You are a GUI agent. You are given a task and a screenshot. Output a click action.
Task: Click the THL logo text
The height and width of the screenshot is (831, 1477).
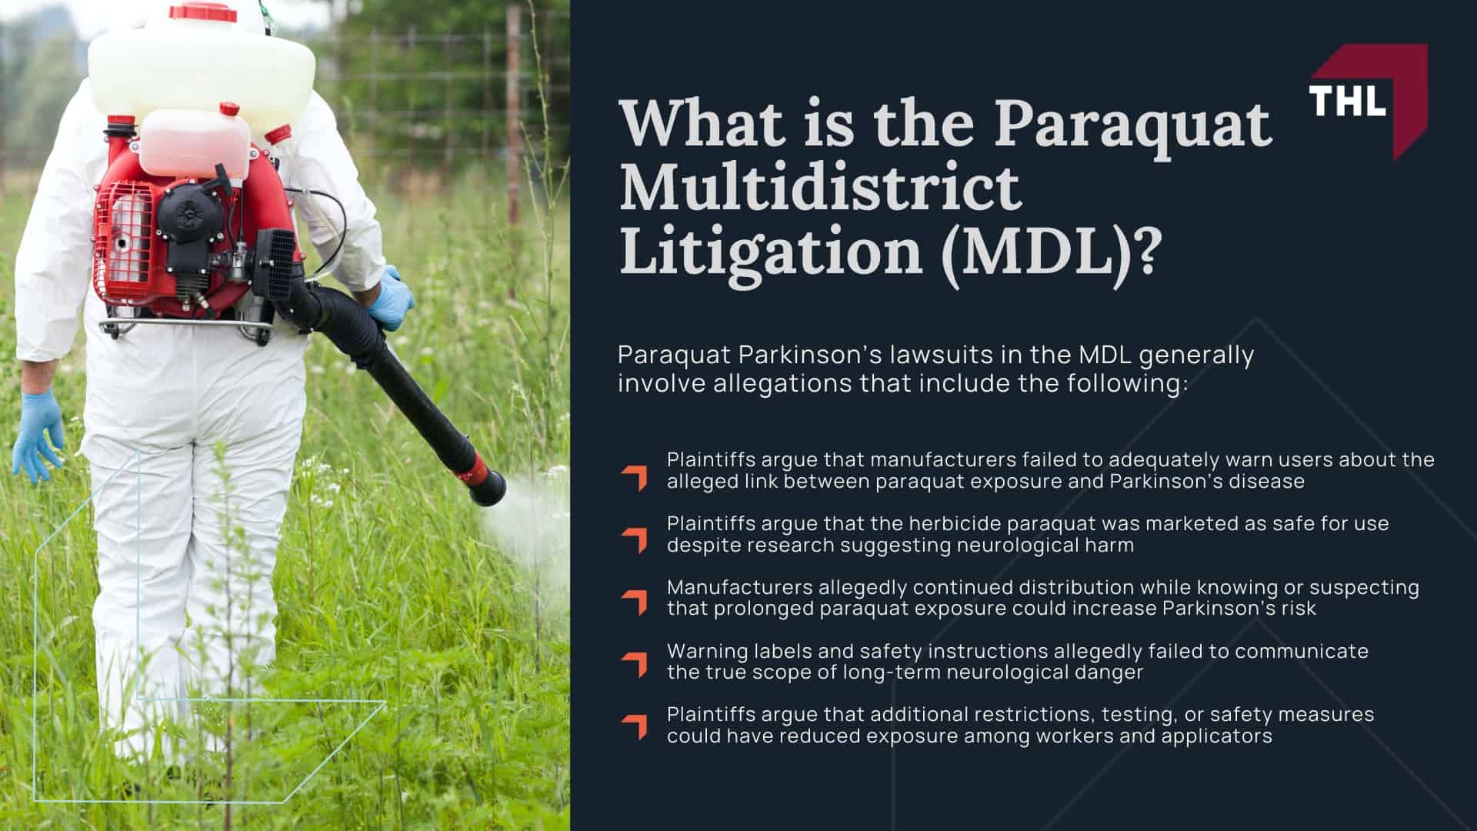tap(1348, 101)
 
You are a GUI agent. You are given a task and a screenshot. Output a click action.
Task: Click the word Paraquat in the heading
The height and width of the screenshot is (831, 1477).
tap(1132, 123)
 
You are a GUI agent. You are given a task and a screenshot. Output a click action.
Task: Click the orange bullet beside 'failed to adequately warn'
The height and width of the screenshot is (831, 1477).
tap(635, 477)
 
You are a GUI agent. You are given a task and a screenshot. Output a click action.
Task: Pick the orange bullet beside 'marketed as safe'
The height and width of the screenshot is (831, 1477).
tap(635, 540)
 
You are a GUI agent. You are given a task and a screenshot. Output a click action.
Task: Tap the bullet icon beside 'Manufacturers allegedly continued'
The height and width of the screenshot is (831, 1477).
tap(635, 603)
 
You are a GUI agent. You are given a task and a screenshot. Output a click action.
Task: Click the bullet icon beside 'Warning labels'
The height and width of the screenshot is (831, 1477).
tap(635, 665)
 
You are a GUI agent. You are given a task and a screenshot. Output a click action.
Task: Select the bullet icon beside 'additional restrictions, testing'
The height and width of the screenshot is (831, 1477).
tap(635, 727)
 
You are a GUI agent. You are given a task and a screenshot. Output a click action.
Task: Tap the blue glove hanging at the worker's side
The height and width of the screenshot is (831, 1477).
tap(36, 435)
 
